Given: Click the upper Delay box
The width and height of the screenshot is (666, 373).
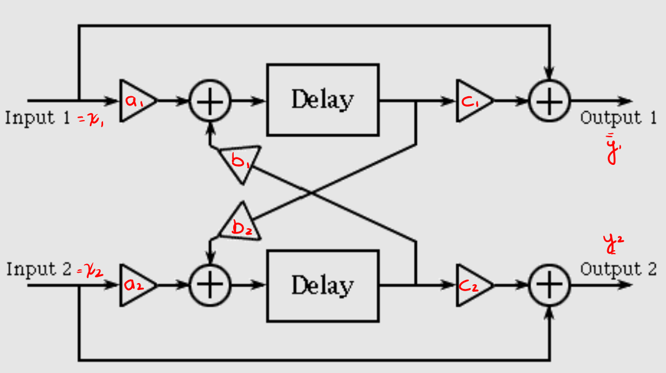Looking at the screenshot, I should point(322,100).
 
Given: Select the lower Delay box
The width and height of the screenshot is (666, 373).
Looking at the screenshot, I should point(322,285).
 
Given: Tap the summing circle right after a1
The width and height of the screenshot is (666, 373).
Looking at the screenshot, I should point(210,101).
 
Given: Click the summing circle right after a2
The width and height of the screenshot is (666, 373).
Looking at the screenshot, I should point(210,285).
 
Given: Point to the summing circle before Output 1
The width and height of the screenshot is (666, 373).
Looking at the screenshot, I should point(550,101).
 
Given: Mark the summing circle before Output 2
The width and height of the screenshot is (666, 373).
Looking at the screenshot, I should point(550,285).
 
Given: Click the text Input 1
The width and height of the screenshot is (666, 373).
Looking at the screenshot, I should point(38,118).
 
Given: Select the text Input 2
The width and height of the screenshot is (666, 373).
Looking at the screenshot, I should point(38,269).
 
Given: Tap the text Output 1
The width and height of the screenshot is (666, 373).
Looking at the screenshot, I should point(618,118).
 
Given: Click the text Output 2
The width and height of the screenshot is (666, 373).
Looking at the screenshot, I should point(618,269).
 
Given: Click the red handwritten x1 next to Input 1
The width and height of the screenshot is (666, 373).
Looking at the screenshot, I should point(93,120).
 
